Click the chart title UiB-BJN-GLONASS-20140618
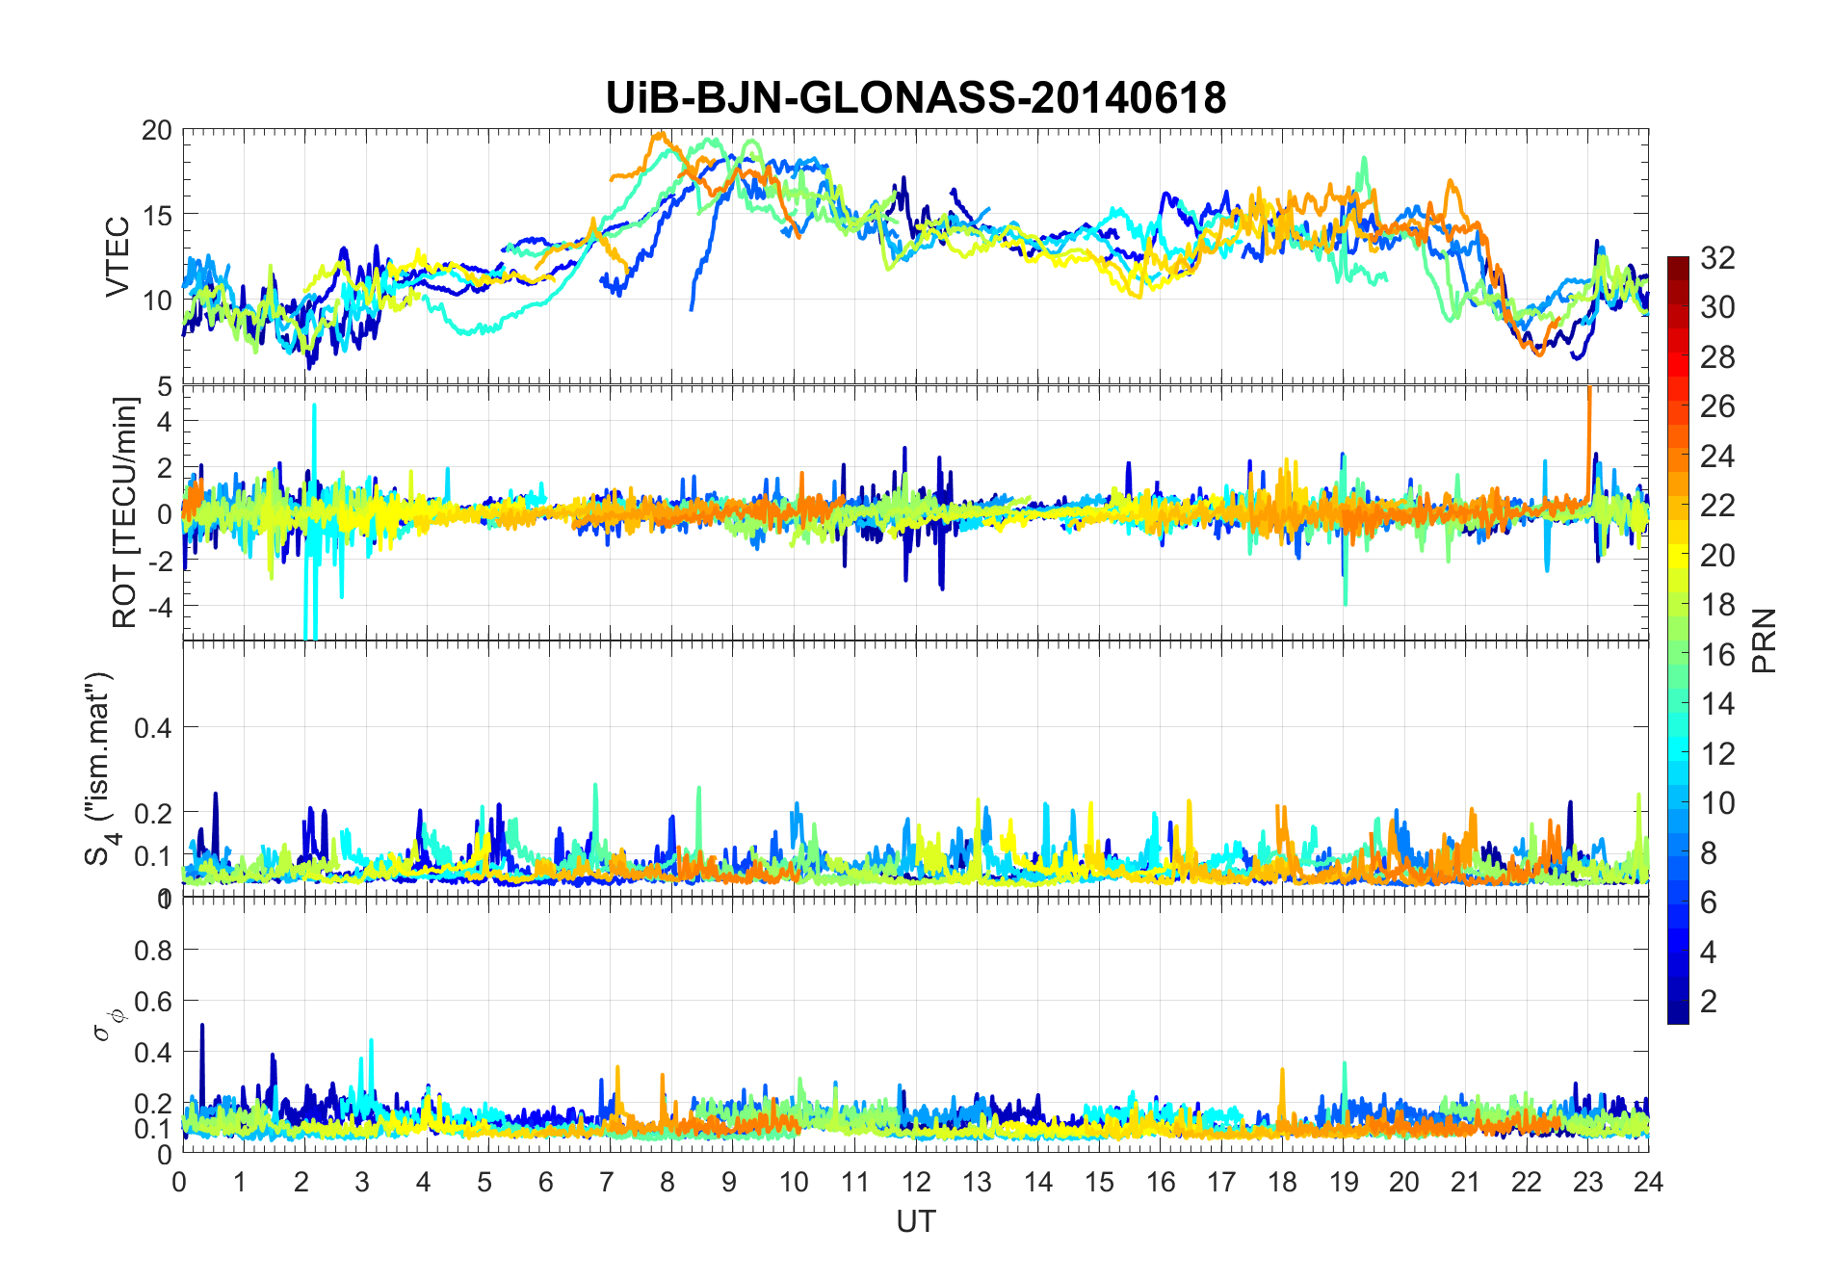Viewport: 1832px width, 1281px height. point(915,98)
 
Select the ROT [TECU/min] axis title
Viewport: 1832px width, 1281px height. point(125,512)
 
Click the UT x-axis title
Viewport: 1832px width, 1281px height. point(915,1221)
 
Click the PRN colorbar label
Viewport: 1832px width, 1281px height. point(1765,640)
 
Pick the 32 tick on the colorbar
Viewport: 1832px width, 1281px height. point(1717,257)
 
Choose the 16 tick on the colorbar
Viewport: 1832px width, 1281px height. point(1717,655)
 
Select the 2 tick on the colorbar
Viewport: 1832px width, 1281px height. point(1709,1002)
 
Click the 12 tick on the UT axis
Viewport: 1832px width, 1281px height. point(915,1182)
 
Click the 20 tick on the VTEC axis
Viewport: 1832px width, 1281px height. point(157,131)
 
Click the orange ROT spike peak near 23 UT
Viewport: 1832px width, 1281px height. point(1589,389)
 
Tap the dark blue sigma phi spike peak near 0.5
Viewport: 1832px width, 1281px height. point(202,1026)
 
